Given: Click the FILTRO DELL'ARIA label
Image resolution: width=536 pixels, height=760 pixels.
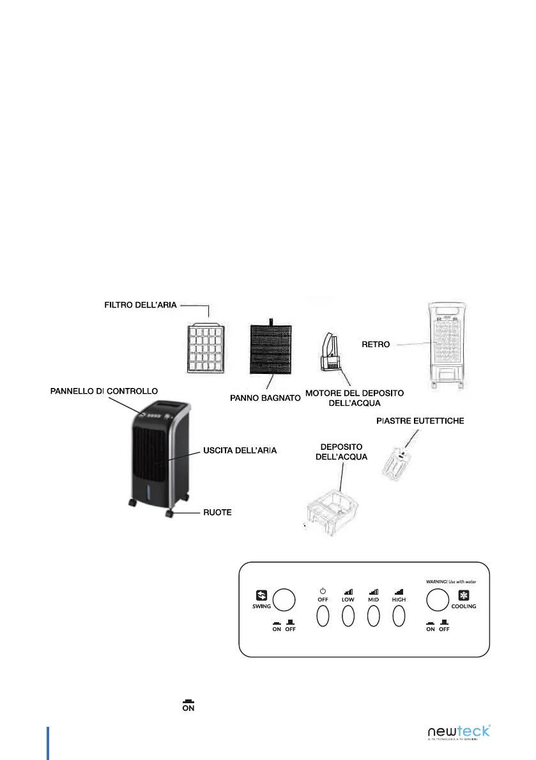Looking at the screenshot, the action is [x=141, y=305].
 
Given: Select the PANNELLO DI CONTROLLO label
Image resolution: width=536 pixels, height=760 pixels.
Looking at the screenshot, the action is [x=103, y=390].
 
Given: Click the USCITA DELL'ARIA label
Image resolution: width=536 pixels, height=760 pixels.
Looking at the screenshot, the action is [x=240, y=451].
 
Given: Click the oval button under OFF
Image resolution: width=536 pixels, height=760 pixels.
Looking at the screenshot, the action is [x=323, y=616].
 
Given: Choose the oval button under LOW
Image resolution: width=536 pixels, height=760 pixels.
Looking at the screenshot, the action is [x=348, y=616].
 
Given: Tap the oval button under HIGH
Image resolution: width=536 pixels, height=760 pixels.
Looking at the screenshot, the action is [x=399, y=616].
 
